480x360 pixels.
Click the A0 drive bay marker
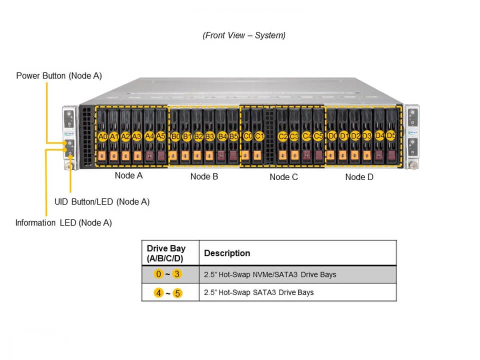(x=102, y=136)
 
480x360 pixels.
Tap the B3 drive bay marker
(x=210, y=136)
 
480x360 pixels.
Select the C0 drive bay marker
(x=247, y=136)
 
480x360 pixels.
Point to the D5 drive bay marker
(x=391, y=135)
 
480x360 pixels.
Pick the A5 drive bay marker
(x=160, y=135)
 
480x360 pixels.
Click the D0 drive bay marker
(x=332, y=136)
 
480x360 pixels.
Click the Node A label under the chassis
(x=128, y=175)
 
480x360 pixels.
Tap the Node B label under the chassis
(x=204, y=176)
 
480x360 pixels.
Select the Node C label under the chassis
(x=283, y=177)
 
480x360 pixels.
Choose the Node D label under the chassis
(x=359, y=177)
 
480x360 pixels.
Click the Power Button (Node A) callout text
(x=59, y=76)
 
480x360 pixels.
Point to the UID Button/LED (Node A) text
(x=102, y=202)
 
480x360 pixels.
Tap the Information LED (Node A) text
(x=63, y=223)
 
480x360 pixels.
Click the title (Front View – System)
(x=244, y=35)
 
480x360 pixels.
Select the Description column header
(x=227, y=253)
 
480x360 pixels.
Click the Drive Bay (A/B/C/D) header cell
(x=166, y=253)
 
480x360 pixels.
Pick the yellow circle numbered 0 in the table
(x=159, y=274)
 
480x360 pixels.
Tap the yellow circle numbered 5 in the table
(x=177, y=293)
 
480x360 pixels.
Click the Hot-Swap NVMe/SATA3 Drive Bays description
(x=270, y=274)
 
